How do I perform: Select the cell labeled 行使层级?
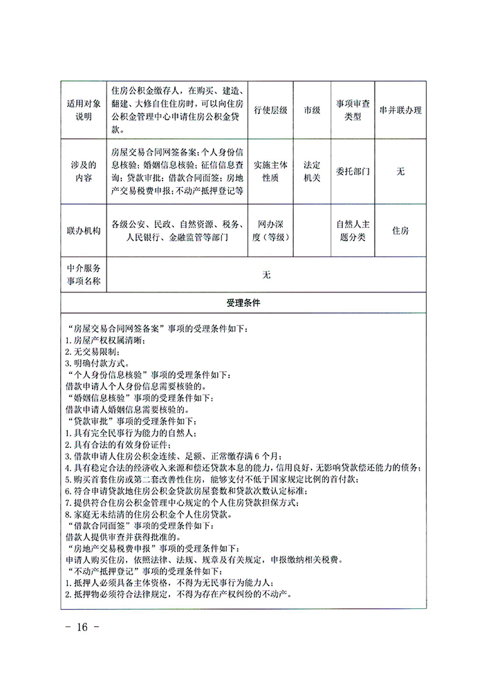[x=270, y=110]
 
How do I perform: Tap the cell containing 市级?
[x=312, y=110]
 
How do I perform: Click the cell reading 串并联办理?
[x=400, y=110]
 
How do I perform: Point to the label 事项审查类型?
[x=353, y=110]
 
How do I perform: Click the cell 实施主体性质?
[x=270, y=171]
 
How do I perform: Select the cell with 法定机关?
[x=312, y=171]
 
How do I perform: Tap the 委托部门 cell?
[x=353, y=171]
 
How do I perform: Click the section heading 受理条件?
[x=242, y=303]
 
